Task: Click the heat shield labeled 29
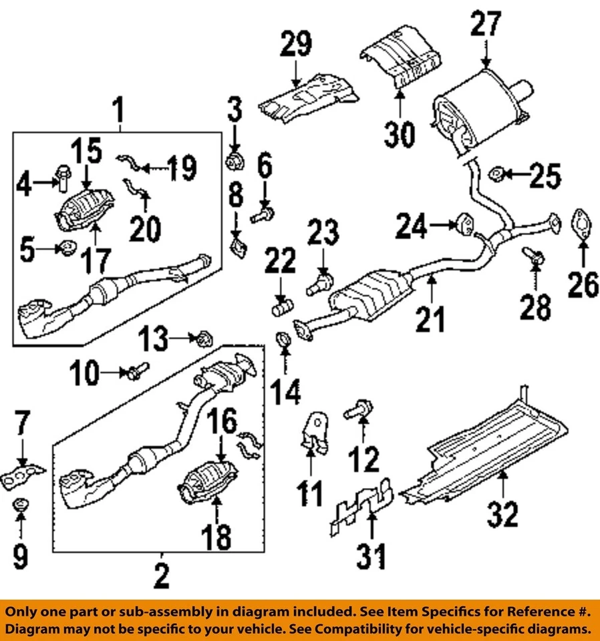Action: (x=307, y=97)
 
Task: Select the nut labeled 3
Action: (x=235, y=160)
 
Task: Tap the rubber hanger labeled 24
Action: (x=465, y=224)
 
